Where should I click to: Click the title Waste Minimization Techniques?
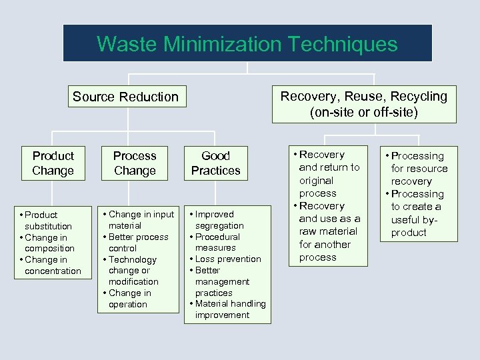point(247,44)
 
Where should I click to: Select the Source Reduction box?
point(125,97)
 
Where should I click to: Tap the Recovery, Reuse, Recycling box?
point(364,104)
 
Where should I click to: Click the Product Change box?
point(53,163)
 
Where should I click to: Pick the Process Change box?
point(135,163)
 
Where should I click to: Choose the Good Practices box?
point(215,163)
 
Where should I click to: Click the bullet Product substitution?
point(48,221)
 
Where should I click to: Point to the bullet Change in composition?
point(48,243)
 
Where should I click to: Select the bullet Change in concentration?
point(52,265)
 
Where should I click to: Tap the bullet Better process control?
point(137,243)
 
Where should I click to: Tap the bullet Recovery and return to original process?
point(328,174)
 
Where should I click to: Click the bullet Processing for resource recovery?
point(419,169)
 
